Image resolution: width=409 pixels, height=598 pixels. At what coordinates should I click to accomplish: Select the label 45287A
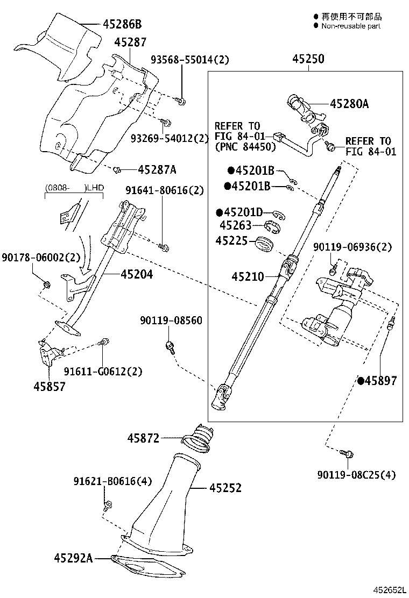point(157,170)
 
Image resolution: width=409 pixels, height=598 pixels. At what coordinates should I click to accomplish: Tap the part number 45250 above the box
point(308,59)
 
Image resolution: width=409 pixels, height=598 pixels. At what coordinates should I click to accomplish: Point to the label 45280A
point(349,104)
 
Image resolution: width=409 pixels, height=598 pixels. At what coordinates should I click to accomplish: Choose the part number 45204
point(137,274)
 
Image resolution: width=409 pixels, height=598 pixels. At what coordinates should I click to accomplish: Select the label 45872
point(143,438)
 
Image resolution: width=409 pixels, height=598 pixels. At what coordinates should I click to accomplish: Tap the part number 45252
point(225,488)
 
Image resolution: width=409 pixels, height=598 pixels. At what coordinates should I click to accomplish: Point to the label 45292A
point(73,558)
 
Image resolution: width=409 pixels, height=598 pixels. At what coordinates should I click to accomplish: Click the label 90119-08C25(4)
point(356,474)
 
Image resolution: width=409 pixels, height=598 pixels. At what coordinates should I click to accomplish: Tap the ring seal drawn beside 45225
point(264,243)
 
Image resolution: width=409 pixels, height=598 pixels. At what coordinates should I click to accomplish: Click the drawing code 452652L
point(390,590)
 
